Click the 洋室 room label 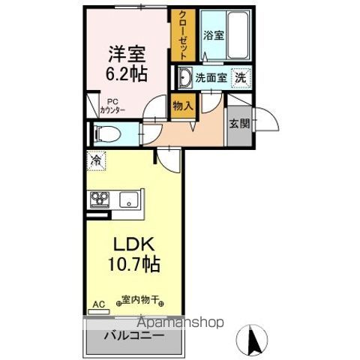[x=127, y=55]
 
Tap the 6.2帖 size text [x=127, y=74]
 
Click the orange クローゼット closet [x=181, y=34]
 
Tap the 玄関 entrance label [x=238, y=124]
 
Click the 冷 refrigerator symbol [x=96, y=159]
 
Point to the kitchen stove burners [x=100, y=199]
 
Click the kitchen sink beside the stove [x=128, y=199]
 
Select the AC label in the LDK [x=97, y=305]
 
